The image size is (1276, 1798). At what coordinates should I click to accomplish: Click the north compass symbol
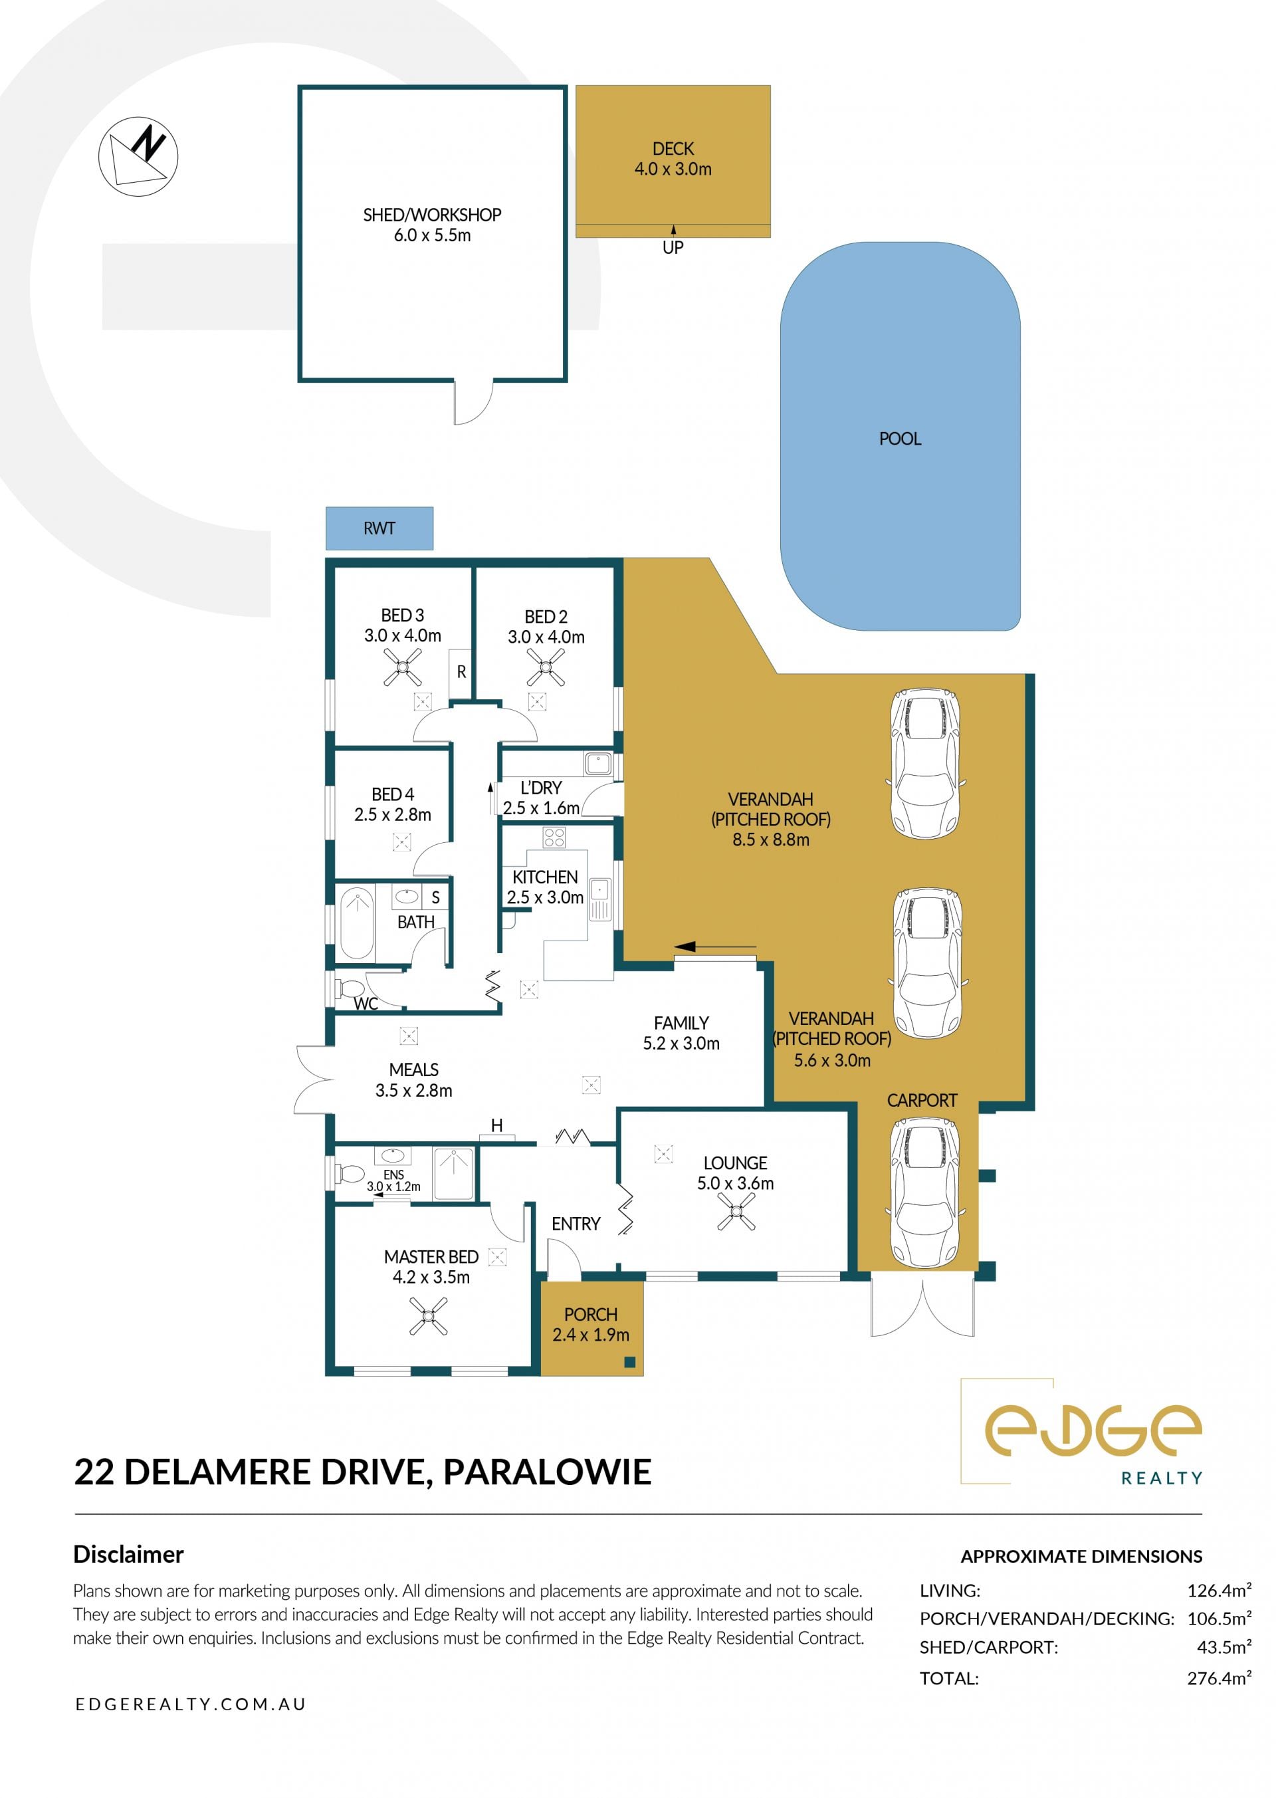pyautogui.click(x=138, y=156)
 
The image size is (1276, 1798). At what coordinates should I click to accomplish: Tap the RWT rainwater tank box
pyautogui.click(x=379, y=528)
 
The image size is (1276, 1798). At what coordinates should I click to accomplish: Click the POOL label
pyautogui.click(x=900, y=439)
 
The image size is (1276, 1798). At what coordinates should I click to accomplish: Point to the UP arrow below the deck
pyautogui.click(x=673, y=229)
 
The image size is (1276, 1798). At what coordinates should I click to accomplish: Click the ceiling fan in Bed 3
pyautogui.click(x=402, y=668)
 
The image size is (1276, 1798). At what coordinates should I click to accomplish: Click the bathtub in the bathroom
pyautogui.click(x=357, y=923)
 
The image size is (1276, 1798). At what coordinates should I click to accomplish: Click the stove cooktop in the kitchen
pyautogui.click(x=554, y=838)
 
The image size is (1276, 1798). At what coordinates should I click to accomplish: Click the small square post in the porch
pyautogui.click(x=629, y=1362)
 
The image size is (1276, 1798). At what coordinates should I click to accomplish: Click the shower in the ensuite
pyautogui.click(x=453, y=1173)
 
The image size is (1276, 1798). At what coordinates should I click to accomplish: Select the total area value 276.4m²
pyautogui.click(x=1220, y=1678)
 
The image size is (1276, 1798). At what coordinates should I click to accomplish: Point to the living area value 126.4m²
pyautogui.click(x=1220, y=1591)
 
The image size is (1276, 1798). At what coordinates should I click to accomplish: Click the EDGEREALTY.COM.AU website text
pyautogui.click(x=190, y=1704)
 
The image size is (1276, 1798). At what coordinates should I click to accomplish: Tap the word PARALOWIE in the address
pyautogui.click(x=548, y=1472)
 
